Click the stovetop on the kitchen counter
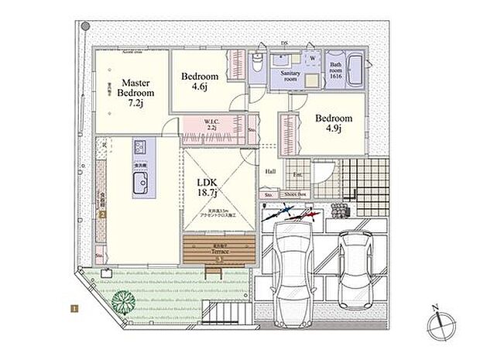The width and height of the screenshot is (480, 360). [140, 148]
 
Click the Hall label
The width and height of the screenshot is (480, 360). [270, 172]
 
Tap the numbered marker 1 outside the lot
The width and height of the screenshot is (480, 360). [74, 309]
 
